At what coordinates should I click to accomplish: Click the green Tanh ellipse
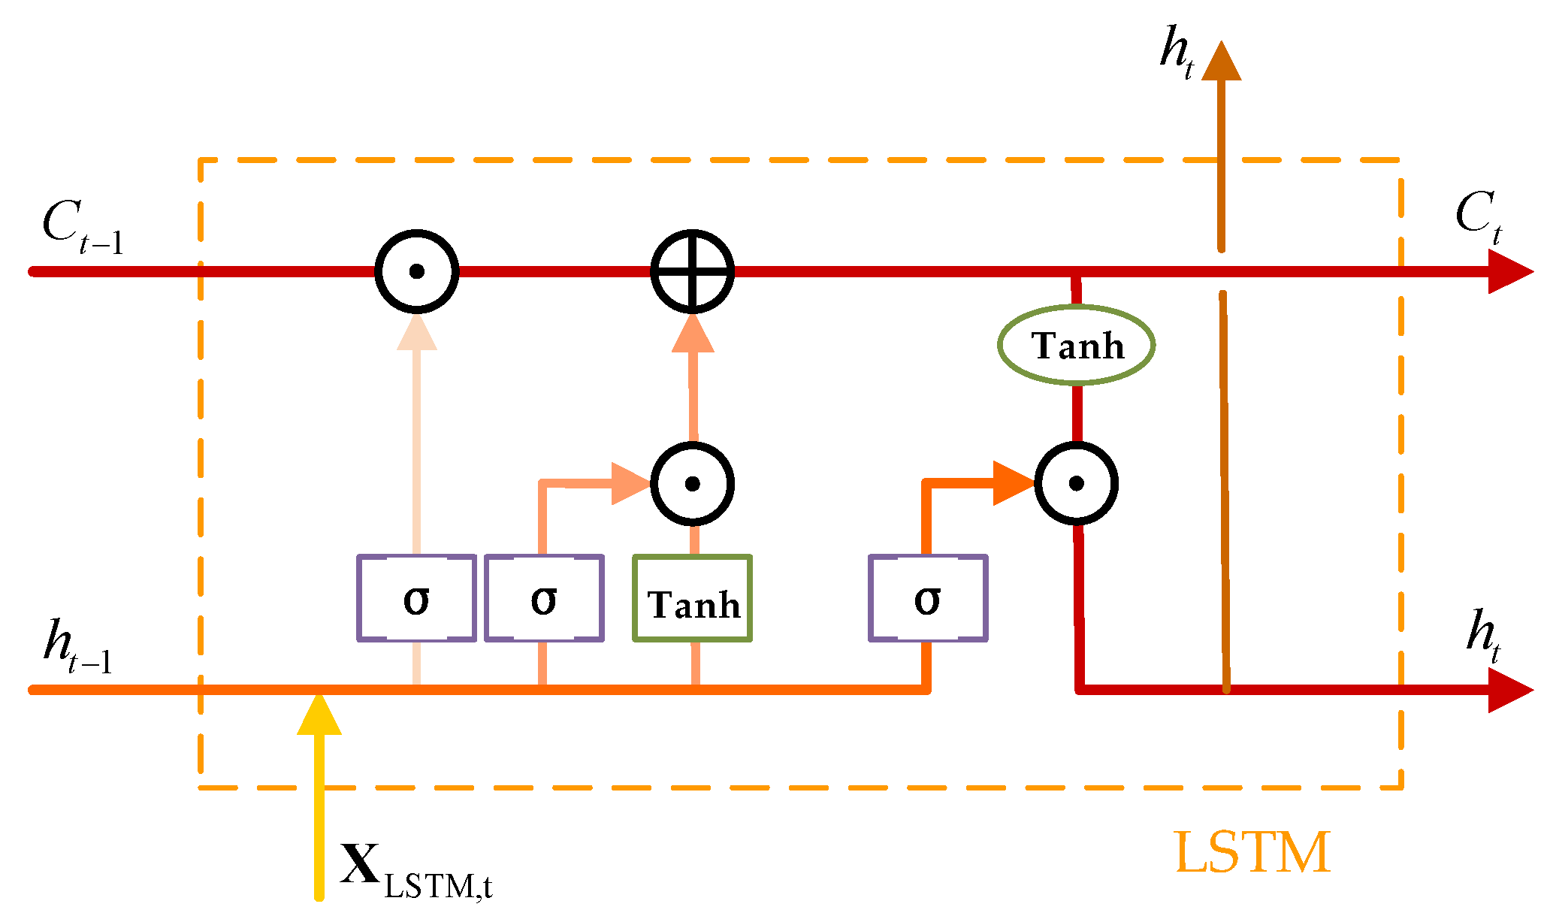(x=1076, y=345)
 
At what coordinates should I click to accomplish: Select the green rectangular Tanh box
(x=692, y=598)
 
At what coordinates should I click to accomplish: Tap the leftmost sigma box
(x=416, y=598)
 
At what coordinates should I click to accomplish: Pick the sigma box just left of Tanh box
(x=544, y=598)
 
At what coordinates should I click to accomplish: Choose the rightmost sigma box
(x=928, y=598)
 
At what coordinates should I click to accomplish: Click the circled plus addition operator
(x=692, y=271)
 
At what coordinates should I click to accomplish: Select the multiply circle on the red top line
(x=417, y=271)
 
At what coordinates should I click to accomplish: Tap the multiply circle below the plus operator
(x=692, y=483)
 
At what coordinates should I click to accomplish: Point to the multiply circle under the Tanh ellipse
(x=1076, y=483)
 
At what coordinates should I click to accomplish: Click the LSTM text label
(x=1252, y=853)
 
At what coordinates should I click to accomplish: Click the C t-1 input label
(x=81, y=227)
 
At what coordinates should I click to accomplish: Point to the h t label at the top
(x=1177, y=51)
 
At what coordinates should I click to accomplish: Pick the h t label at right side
(x=1483, y=635)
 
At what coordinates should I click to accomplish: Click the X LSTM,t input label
(x=415, y=872)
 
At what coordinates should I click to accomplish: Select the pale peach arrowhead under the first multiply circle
(x=417, y=334)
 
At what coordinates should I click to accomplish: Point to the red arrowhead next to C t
(x=1509, y=271)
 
